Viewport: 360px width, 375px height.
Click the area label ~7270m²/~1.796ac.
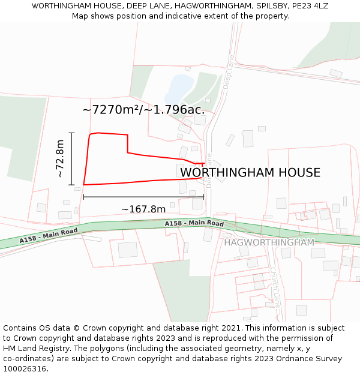pos(143,110)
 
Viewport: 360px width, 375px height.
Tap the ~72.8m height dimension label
pos(61,158)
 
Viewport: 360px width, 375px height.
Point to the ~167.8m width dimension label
pos(143,209)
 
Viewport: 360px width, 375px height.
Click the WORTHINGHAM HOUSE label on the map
pos(250,173)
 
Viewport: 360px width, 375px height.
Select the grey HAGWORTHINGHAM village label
pos(269,242)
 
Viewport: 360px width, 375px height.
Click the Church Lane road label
pos(275,287)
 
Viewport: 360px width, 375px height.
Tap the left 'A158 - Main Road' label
pos(49,235)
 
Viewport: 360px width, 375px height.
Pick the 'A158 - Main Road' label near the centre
pos(194,224)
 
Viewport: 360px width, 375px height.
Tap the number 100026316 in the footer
pos(24,369)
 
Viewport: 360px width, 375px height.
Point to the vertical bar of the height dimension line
pos(71,158)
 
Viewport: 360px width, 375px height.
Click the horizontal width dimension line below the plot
pos(143,196)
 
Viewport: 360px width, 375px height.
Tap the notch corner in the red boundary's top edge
pos(127,152)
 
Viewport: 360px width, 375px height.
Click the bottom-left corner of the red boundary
pos(83,185)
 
